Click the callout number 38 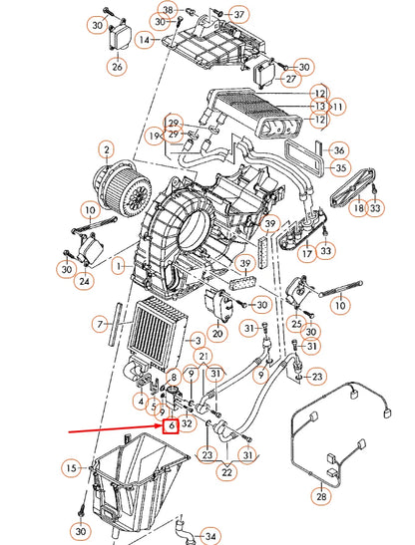[x=167, y=10]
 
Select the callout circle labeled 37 [x=238, y=14]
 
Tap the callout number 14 [x=145, y=40]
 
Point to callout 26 [x=117, y=67]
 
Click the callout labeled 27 [x=290, y=79]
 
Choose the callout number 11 [x=337, y=106]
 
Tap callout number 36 [x=338, y=149]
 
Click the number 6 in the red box [x=172, y=425]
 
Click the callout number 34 [x=209, y=534]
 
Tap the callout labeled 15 [x=71, y=467]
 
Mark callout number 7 [x=99, y=325]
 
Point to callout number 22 [x=227, y=474]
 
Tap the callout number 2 [x=105, y=150]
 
